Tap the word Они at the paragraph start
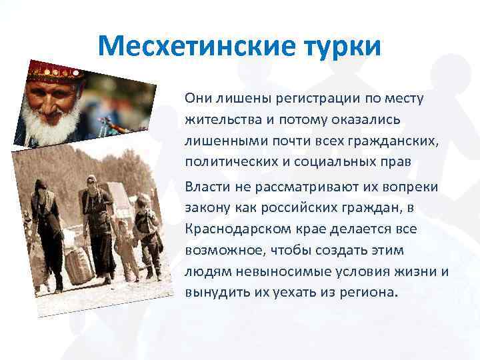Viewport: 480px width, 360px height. coord(199,99)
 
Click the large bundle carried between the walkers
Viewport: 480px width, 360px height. coord(79,263)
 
